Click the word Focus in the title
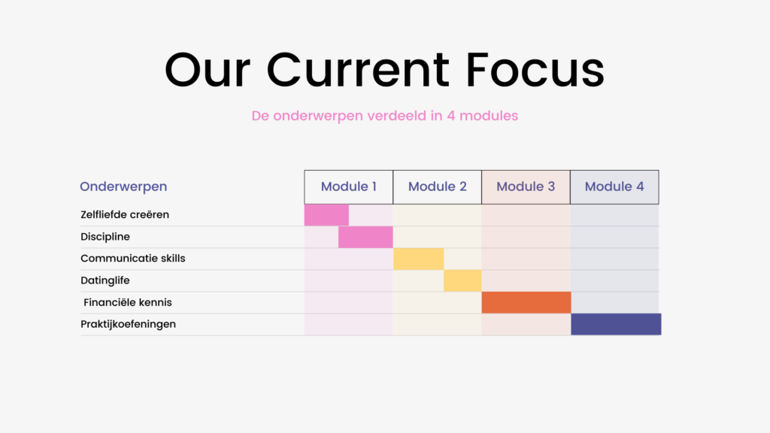pos(535,69)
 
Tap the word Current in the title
pos(358,69)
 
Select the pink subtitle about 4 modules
pos(384,116)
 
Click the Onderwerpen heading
pos(123,186)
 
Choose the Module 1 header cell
pos(349,187)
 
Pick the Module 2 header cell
pos(437,187)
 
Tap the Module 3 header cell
pos(526,187)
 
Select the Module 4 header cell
pos(614,187)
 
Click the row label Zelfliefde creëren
pos(125,214)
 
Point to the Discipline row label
pos(105,237)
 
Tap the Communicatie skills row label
pos(132,259)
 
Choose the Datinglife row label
pos(105,280)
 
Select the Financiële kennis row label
pos(128,302)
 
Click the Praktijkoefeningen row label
pos(128,324)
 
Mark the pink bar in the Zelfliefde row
pos(326,215)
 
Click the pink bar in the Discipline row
pos(365,237)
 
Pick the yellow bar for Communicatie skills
pos(418,259)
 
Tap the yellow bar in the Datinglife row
pos(462,281)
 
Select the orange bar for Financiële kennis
pos(526,302)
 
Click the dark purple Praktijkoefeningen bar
pos(616,324)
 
